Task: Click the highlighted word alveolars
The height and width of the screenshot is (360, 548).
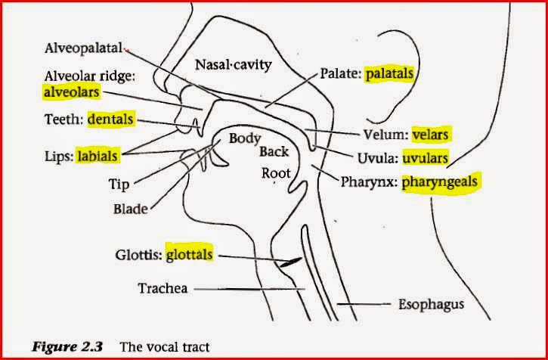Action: point(72,92)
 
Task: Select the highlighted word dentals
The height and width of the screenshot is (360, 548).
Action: point(110,119)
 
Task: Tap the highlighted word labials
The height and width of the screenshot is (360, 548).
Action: point(98,156)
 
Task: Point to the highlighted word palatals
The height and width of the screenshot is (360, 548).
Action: point(389,74)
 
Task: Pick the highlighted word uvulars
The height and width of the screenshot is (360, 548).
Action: point(425,158)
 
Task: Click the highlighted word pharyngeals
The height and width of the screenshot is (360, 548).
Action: point(439,182)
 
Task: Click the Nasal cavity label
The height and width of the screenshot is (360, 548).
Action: point(233,65)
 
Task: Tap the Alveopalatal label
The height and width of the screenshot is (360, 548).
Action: point(84,48)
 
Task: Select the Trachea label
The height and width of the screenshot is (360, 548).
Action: point(163,288)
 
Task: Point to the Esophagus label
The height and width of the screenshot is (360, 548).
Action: point(432,305)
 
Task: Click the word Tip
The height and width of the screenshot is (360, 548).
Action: point(119,184)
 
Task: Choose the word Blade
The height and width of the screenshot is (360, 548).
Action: point(131,209)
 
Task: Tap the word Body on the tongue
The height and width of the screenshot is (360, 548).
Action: point(245,139)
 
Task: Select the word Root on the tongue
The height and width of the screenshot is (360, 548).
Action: point(276,173)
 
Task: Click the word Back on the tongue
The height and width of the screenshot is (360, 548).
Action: point(274,152)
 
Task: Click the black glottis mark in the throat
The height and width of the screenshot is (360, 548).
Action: point(291,262)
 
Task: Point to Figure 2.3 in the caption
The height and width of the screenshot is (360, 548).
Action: point(67,346)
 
